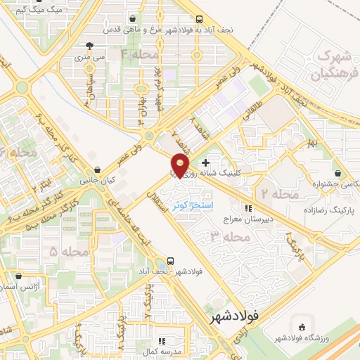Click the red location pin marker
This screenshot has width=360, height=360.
point(181,166)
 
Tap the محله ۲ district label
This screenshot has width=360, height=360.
point(280,193)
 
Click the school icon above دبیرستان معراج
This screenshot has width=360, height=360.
point(247,208)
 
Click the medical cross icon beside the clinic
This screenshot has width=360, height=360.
point(205,163)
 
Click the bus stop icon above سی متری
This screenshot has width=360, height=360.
point(88,41)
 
